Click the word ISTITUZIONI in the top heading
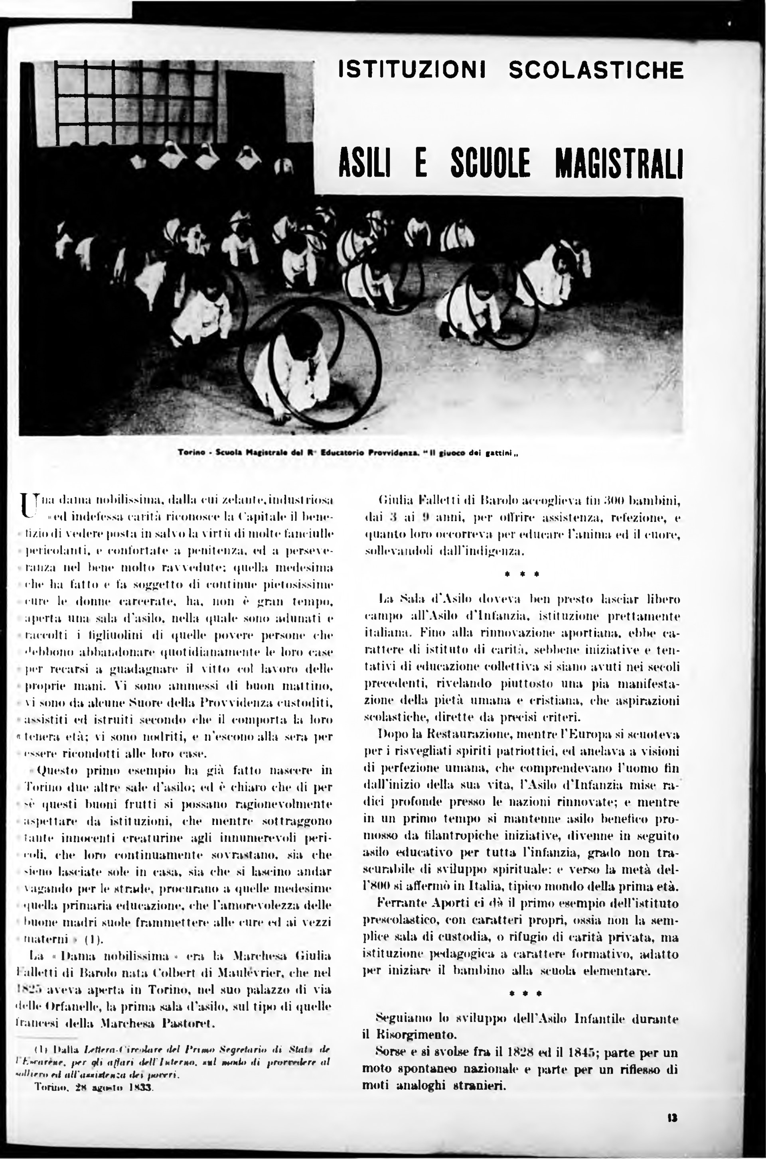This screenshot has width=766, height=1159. coord(412,70)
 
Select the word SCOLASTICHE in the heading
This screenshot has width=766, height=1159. coord(596,70)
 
